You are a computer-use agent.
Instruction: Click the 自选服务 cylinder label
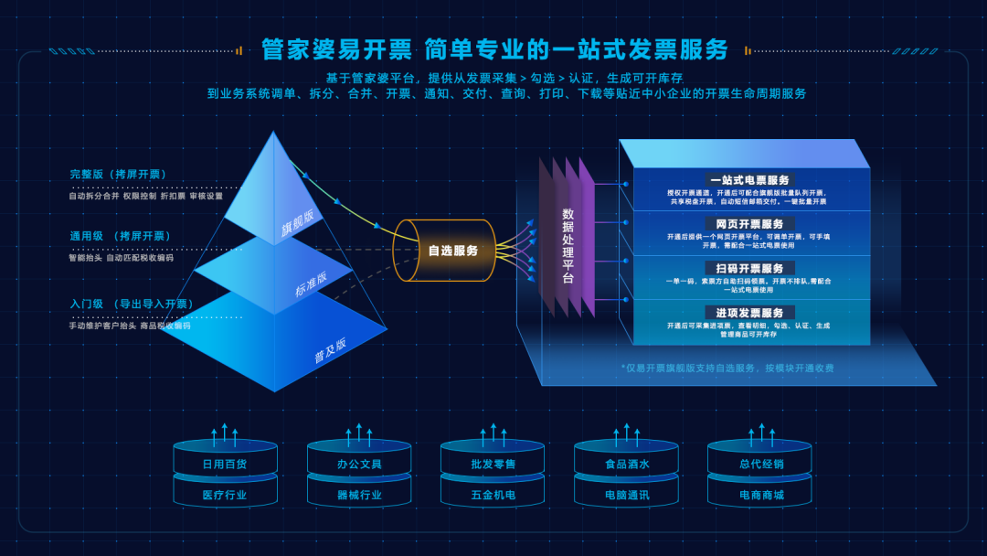coord(453,251)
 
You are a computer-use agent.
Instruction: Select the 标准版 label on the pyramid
coord(311,284)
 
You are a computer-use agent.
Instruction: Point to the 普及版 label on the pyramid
coord(331,351)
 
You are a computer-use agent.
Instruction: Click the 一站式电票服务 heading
coord(748,180)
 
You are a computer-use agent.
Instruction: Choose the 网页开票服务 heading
coord(748,224)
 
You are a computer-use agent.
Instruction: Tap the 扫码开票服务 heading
coord(748,268)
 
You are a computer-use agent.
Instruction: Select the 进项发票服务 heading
coord(748,313)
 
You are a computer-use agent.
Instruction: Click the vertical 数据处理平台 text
coord(568,246)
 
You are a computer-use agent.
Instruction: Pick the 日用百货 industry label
coord(225,464)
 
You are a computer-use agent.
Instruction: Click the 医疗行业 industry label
coord(225,495)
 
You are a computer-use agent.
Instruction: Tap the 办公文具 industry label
coord(359,464)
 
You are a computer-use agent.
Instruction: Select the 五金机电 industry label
coord(493,495)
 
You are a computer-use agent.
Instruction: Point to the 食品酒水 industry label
coord(627,464)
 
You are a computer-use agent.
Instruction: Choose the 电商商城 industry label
coord(761,495)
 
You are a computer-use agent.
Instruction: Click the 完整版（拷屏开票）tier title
coord(118,175)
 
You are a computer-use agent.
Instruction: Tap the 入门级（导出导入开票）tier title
coord(131,304)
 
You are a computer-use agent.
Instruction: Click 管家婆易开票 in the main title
coord(336,48)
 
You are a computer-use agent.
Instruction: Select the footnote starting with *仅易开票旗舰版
coord(727,369)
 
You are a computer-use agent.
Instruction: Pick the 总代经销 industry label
coord(761,464)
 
